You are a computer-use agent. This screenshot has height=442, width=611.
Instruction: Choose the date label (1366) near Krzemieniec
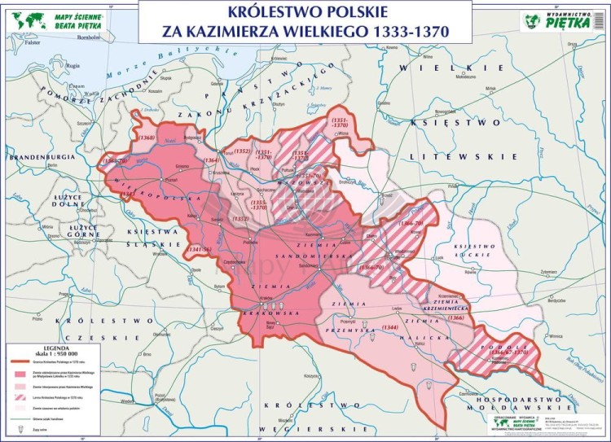(x=456, y=317)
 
